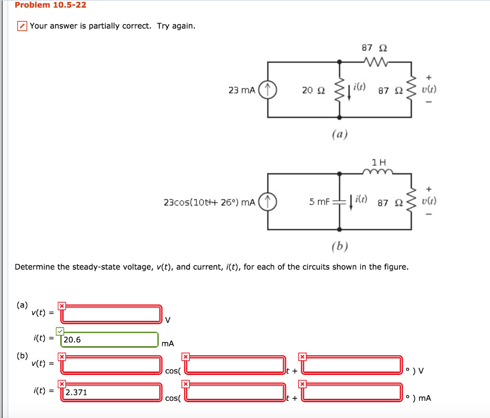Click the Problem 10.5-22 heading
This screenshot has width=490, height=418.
44,5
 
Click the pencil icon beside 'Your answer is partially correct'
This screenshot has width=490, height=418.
22,26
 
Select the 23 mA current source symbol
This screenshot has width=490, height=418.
267,90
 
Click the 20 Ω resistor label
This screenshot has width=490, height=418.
313,90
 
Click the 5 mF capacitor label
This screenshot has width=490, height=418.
320,202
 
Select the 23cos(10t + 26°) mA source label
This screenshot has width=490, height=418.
209,202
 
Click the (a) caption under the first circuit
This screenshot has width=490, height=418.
339,134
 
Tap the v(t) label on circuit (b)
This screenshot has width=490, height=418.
428,202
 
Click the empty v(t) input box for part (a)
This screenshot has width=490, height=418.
111,314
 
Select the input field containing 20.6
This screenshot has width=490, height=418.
110,340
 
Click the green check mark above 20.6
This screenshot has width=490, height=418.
60,331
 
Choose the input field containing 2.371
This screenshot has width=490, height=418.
111,393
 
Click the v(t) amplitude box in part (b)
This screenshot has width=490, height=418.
111,365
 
